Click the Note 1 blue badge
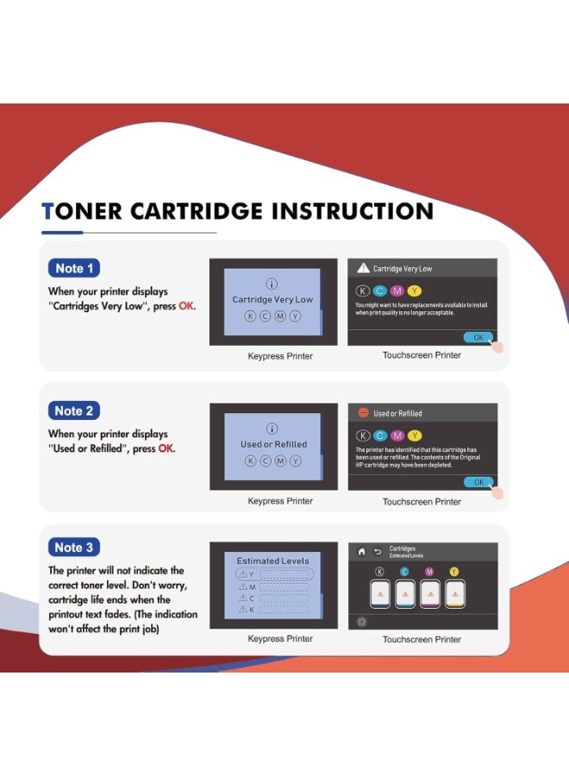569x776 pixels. click(x=74, y=268)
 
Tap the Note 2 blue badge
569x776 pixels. click(x=74, y=410)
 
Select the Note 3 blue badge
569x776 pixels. click(x=74, y=548)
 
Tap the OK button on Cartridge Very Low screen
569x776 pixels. click(x=478, y=337)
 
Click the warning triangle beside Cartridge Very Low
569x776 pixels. click(x=363, y=269)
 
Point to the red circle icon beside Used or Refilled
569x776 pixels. click(x=363, y=413)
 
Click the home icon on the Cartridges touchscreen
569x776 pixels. click(x=361, y=552)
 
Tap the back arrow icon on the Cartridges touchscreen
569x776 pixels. click(x=377, y=552)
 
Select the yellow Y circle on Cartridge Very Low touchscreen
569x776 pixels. click(x=415, y=290)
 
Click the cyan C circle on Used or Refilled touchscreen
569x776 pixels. click(x=380, y=435)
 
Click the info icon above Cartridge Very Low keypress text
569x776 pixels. click(x=272, y=284)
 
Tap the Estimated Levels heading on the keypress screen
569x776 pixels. click(x=272, y=560)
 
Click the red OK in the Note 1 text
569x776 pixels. click(x=186, y=307)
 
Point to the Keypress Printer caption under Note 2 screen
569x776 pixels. click(x=280, y=501)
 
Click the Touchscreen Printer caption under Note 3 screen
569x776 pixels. click(x=422, y=639)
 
